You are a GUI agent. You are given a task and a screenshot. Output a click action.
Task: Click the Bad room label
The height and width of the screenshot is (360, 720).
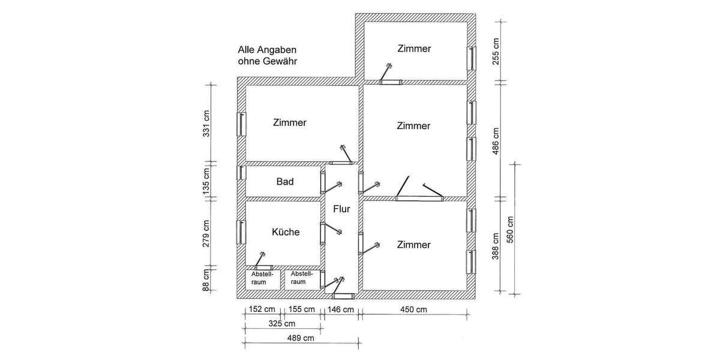(285, 181)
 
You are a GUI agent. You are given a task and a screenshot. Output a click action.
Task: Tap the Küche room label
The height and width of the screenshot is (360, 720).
(286, 232)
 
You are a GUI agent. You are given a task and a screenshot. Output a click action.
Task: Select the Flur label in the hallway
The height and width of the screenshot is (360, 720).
(341, 209)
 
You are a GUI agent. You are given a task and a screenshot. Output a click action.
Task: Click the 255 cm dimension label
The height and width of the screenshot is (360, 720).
(496, 52)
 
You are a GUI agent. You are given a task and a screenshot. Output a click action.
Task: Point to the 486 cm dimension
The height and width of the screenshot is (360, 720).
(496, 141)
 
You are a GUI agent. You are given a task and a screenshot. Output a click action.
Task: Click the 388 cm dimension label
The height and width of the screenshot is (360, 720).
(496, 247)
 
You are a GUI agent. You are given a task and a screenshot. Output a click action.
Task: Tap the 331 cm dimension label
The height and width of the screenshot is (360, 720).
(206, 122)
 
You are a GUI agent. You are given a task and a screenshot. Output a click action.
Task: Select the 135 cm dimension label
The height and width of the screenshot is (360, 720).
(206, 181)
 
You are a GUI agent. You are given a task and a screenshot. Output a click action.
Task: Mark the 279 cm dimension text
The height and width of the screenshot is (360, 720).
(206, 233)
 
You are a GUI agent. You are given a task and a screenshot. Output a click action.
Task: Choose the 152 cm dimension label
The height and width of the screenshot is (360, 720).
(262, 310)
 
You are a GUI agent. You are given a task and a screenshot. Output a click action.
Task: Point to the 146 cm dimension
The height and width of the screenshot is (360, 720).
(340, 310)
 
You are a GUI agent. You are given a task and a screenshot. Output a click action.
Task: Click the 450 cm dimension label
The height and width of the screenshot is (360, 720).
(413, 310)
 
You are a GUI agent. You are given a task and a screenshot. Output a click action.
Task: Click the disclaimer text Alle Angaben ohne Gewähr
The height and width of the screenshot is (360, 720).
(268, 56)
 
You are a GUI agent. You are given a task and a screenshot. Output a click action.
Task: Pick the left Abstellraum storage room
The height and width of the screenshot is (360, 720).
(262, 278)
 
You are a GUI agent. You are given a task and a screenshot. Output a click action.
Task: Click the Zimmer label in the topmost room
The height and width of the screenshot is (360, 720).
(414, 49)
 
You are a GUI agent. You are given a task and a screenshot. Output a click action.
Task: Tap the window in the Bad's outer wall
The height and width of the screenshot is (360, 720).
(241, 172)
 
